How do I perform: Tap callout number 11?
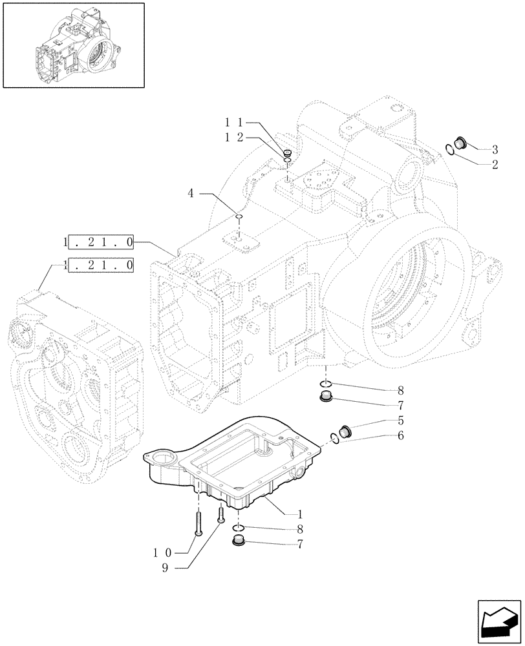(x=233, y=122)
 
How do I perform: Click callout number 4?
(x=191, y=193)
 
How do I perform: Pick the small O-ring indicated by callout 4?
(x=239, y=216)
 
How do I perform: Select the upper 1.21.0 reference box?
(x=100, y=243)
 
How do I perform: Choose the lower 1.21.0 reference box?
(x=100, y=264)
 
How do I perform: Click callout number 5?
(x=400, y=420)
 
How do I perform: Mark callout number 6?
(x=400, y=435)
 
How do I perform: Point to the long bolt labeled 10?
(x=198, y=520)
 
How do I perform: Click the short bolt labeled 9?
(x=221, y=514)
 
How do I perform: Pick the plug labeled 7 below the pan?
(x=239, y=541)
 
